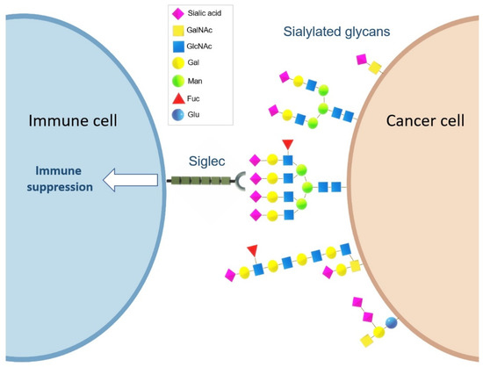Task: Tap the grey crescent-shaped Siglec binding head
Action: [239, 182]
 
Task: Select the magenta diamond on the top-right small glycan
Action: [360, 59]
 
